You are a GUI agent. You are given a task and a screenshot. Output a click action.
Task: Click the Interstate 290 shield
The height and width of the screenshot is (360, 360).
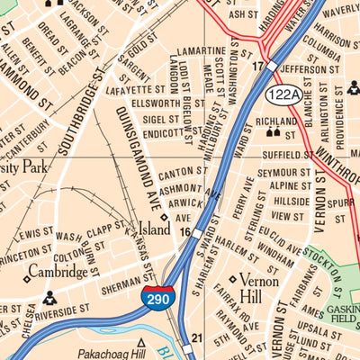[158, 298]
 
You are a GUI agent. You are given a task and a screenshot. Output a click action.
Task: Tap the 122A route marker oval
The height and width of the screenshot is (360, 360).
[282, 94]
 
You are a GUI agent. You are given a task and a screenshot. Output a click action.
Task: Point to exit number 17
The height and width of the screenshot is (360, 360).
[257, 66]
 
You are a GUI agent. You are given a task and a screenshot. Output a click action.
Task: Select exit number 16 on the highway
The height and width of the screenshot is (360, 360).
[184, 232]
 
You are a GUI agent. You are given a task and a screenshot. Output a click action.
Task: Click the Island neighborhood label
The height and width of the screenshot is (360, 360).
[153, 229]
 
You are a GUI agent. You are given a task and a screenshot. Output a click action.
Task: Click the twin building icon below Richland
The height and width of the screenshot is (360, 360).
[273, 133]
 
